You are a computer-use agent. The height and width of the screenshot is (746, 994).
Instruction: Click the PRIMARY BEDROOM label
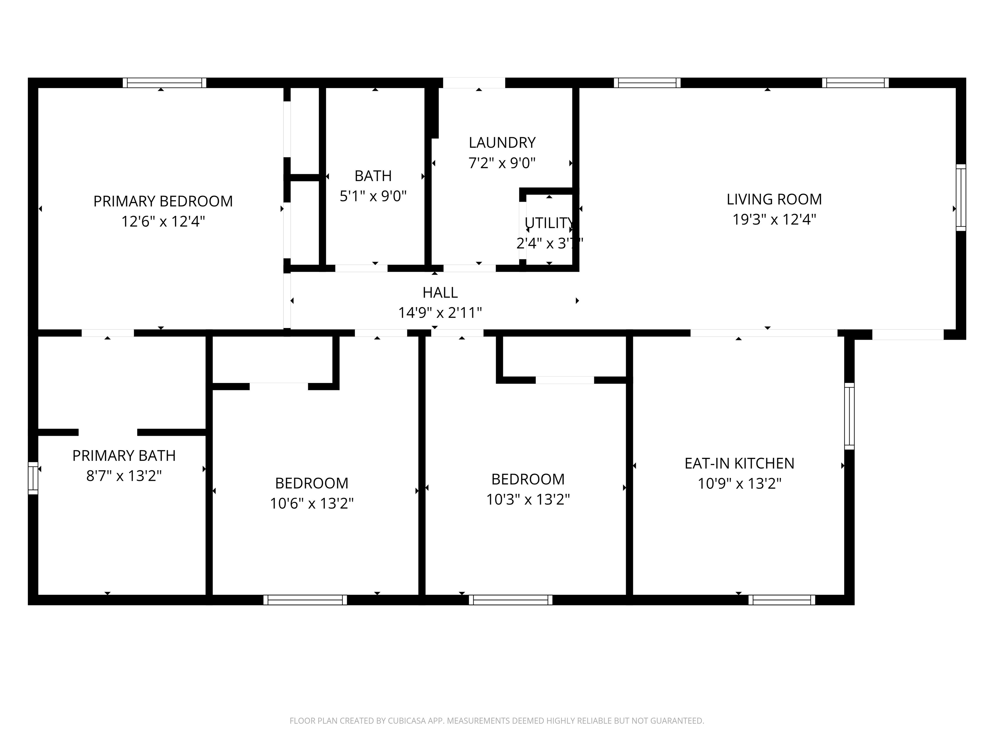163,201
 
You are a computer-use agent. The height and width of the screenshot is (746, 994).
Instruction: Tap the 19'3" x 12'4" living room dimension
774,220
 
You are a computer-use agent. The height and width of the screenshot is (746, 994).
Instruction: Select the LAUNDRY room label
502,142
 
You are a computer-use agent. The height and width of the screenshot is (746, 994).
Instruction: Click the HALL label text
440,292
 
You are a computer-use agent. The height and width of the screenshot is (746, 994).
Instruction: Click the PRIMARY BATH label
124,456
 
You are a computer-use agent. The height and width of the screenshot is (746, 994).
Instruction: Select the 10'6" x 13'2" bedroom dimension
311,503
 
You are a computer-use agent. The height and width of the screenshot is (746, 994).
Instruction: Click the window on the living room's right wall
960,198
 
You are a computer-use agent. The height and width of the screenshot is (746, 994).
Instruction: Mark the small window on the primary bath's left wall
33,478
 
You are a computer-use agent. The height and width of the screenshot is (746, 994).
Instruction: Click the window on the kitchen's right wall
849,416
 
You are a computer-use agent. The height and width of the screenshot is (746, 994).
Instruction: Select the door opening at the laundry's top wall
474,83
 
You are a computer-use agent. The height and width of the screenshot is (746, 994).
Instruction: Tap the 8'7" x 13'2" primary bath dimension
124,476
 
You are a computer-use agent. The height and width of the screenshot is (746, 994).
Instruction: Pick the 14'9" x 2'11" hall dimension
440,312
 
